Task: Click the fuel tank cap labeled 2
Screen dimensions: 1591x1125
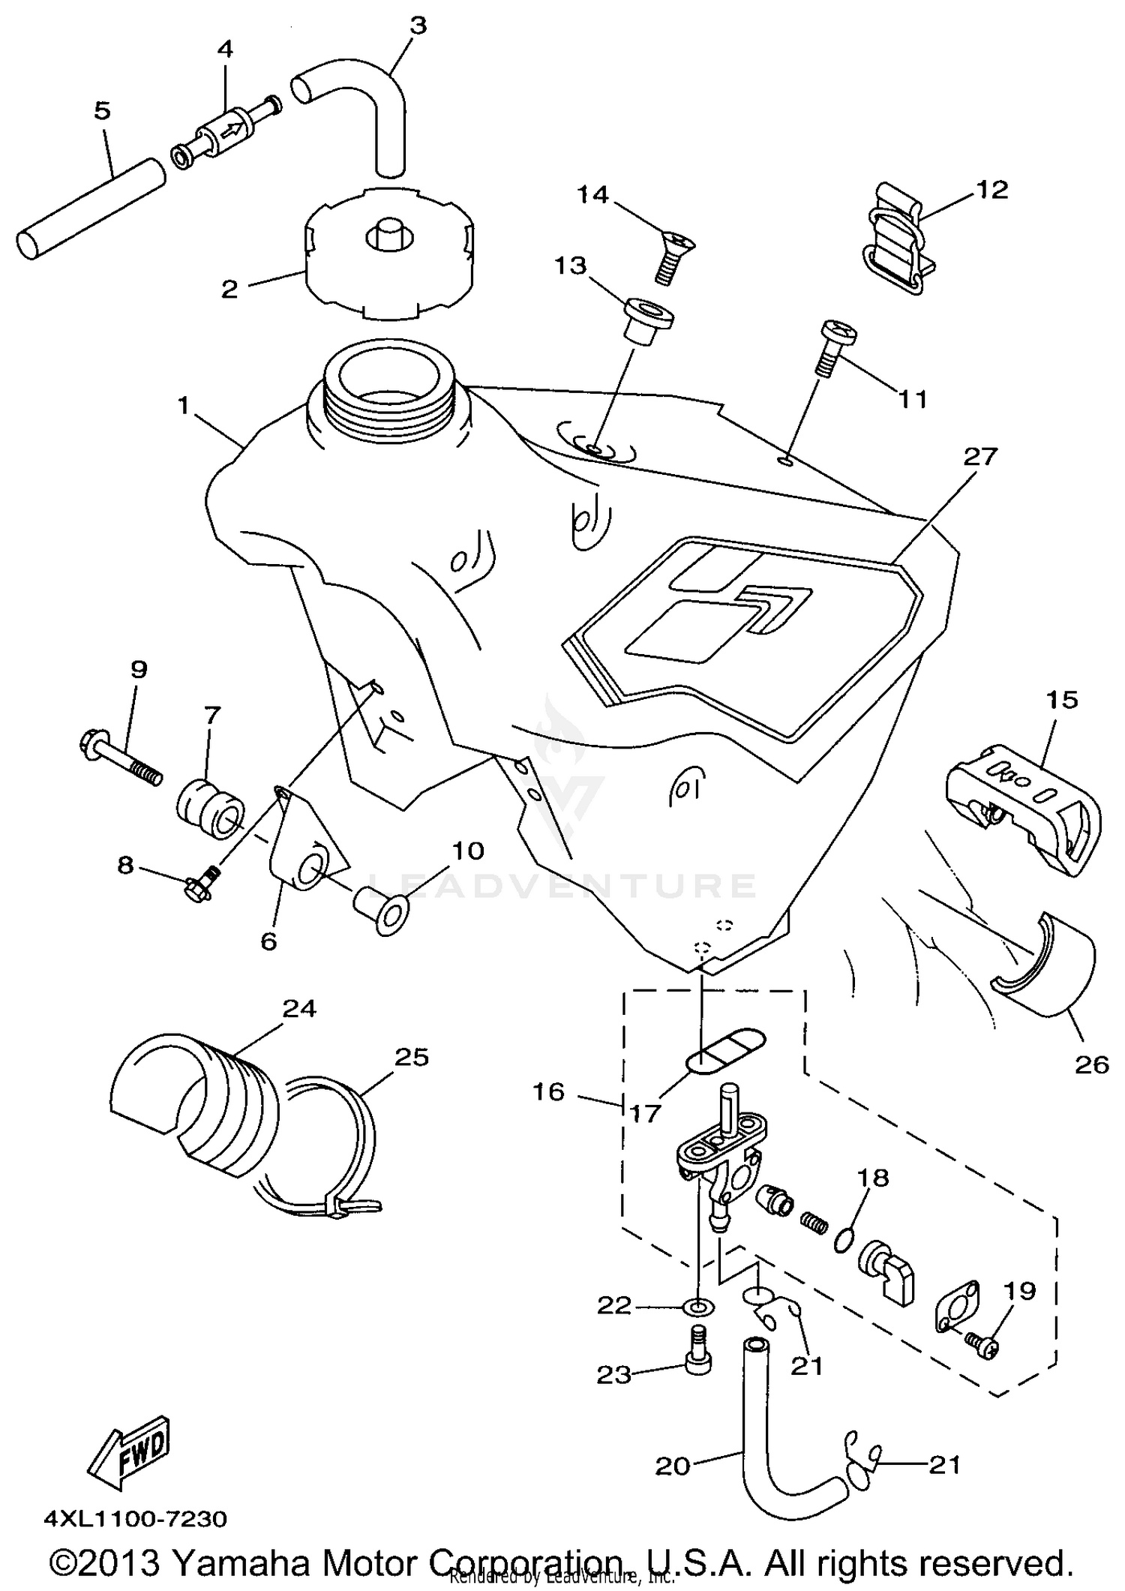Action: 389,255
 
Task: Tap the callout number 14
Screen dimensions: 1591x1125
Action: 592,194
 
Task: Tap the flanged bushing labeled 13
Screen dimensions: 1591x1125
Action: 646,322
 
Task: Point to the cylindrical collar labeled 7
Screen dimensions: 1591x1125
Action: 211,810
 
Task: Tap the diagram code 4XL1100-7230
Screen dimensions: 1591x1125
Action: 136,1519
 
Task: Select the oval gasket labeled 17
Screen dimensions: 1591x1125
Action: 726,1048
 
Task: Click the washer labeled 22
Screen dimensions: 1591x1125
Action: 699,1307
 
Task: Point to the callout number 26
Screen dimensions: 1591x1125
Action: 1090,1064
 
